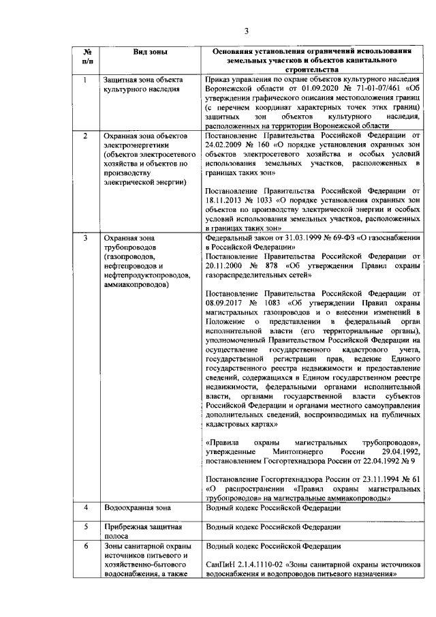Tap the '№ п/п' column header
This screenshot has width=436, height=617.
point(87,57)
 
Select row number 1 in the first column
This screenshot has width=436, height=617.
point(85,80)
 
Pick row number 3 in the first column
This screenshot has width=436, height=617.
point(85,239)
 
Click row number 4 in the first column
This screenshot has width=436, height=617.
point(85,508)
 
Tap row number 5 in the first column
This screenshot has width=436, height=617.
point(85,527)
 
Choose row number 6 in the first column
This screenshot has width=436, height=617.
point(85,547)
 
